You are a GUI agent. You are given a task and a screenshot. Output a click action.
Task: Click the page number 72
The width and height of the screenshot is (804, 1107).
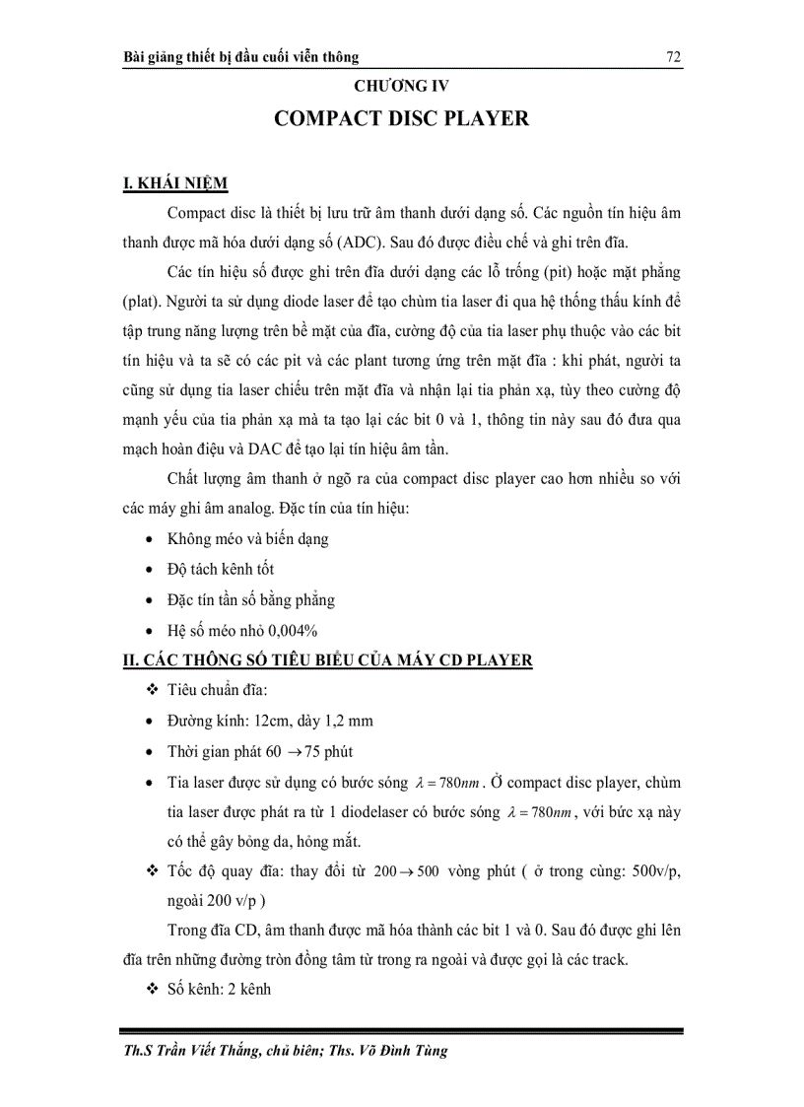pos(674,57)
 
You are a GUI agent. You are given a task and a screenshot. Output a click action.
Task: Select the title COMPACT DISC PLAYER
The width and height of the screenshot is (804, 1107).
pos(401,118)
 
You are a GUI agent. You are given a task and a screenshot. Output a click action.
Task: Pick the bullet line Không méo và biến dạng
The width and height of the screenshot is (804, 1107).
pos(247,539)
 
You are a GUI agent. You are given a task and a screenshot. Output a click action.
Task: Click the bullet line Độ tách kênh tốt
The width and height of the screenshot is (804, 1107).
pos(221,569)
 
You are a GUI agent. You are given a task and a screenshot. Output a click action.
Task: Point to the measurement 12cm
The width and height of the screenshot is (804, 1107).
pos(263,721)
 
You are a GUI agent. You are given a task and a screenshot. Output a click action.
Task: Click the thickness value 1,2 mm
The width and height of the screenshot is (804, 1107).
pos(343,721)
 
